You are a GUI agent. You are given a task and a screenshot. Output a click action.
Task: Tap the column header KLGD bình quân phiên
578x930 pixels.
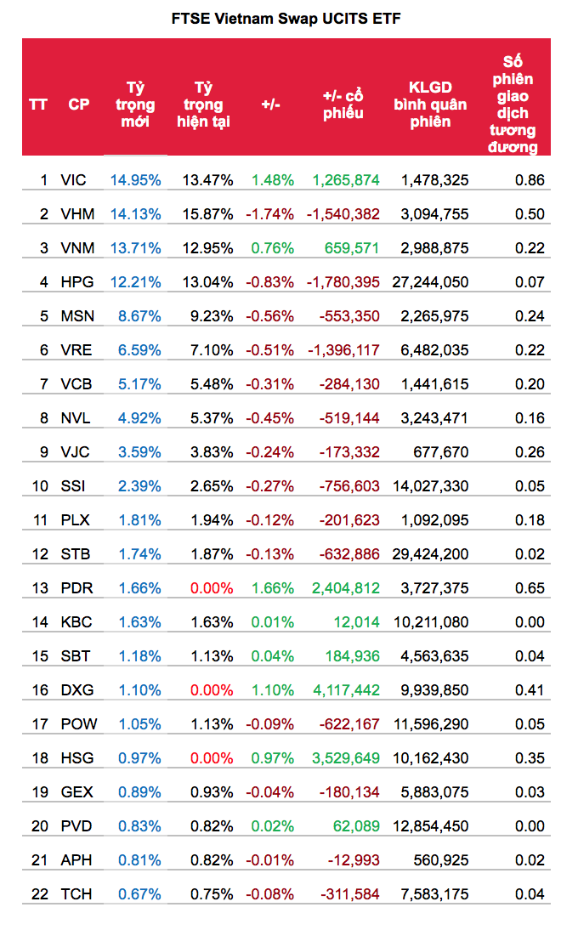click(430, 105)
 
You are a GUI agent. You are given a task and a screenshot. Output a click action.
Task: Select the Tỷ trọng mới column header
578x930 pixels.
click(135, 105)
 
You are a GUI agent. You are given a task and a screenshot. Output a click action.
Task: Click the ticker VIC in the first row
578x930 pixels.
click(74, 180)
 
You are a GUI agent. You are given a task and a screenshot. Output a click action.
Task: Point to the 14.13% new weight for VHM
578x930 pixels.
click(135, 214)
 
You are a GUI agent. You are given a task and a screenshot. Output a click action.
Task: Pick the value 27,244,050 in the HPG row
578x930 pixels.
click(430, 282)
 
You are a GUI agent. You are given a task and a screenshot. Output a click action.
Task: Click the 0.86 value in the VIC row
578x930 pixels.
click(530, 180)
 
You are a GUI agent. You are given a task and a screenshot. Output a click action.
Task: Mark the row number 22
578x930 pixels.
click(40, 894)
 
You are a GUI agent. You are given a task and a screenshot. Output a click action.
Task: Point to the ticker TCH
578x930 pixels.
click(76, 894)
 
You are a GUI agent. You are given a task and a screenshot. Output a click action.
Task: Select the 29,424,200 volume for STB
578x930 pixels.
click(430, 554)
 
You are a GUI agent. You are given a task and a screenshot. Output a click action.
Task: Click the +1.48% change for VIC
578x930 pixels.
click(272, 180)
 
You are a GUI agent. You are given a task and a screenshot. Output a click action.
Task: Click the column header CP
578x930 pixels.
click(79, 105)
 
